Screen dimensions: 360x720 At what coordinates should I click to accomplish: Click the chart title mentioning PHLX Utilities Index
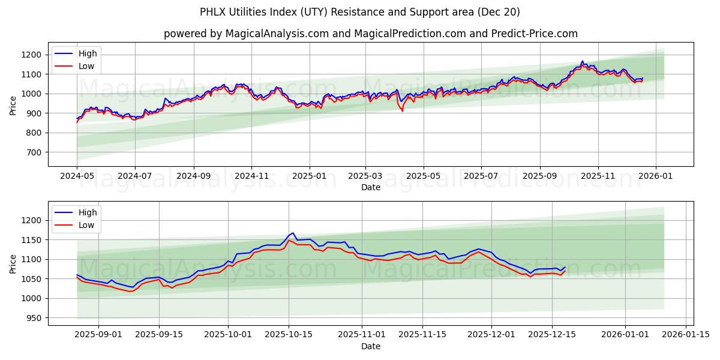tap(359, 12)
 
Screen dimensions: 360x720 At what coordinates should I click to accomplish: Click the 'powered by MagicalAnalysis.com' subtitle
tap(370, 34)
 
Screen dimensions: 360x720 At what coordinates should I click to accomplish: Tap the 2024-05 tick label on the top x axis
tap(77, 176)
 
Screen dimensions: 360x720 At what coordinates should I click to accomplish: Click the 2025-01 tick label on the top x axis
tap(309, 176)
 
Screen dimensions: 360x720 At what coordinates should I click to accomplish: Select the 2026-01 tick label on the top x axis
tap(655, 176)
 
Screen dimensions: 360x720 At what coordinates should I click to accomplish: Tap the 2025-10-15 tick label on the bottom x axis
tap(289, 335)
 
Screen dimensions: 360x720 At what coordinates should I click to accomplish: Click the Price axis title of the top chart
tap(13, 105)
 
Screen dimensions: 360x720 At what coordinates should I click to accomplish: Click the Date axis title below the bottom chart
tap(370, 346)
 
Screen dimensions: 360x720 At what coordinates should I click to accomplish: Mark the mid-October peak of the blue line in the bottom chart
tap(292, 233)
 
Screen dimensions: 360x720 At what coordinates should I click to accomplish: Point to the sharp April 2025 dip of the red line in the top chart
tap(402, 111)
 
